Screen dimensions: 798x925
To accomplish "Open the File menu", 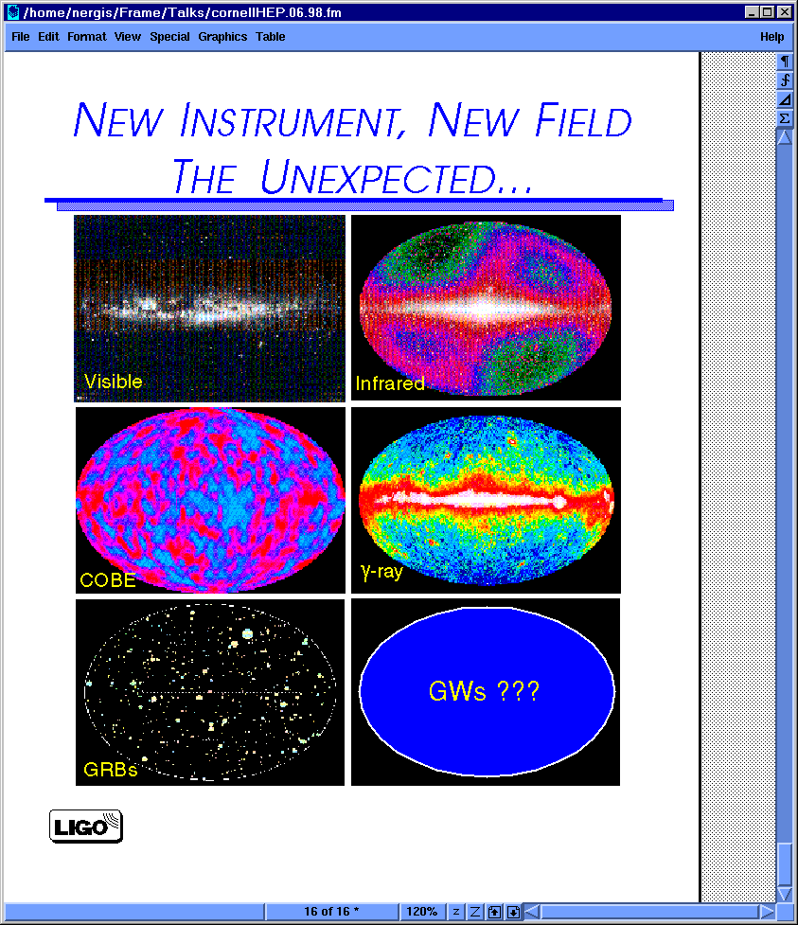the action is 21,37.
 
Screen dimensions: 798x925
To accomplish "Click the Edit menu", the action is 48,37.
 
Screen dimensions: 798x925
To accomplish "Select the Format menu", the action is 87,37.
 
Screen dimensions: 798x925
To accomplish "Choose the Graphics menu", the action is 222,37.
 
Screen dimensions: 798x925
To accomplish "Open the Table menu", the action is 270,37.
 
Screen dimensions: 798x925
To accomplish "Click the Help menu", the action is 772,37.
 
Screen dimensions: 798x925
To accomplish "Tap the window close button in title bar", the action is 785,11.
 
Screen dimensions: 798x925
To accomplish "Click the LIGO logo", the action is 86,826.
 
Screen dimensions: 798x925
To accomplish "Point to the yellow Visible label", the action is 114,382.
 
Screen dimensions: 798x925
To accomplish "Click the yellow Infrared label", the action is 390,383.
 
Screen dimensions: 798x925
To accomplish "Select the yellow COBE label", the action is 108,580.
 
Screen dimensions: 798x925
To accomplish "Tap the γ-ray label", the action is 381,572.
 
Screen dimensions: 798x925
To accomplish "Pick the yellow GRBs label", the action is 111,770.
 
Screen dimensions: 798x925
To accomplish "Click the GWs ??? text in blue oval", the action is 484,691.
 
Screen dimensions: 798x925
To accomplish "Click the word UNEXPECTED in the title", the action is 378,178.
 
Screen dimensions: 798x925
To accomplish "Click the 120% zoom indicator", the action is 421,912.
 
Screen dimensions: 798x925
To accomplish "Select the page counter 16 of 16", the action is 331,912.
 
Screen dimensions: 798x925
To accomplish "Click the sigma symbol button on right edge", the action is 785,118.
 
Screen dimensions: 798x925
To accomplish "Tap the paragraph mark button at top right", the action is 785,62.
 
